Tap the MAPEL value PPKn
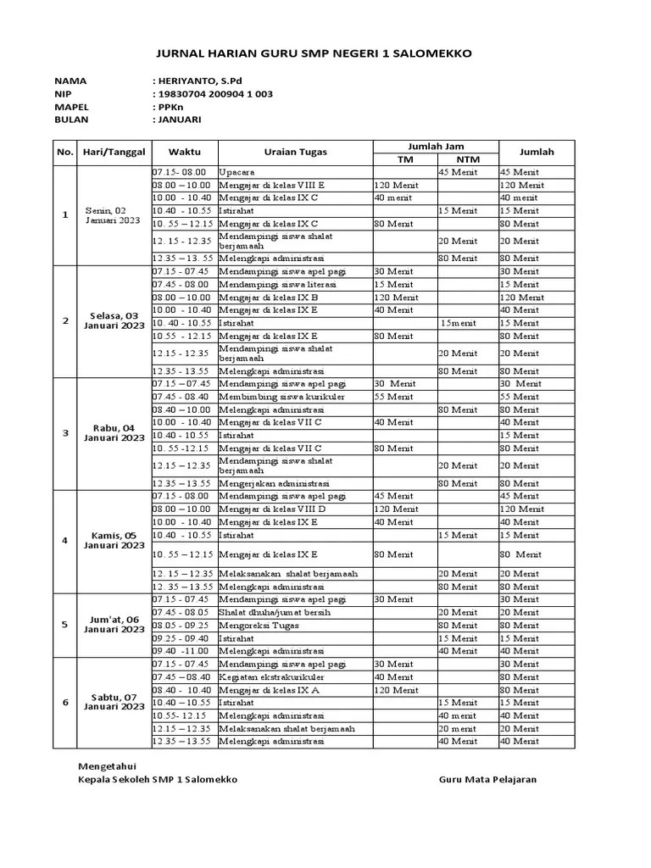165,107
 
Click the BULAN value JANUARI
179,120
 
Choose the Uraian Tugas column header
295,153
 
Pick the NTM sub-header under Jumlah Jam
467,159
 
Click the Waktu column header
185,153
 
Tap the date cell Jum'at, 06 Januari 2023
114,624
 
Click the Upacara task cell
236,172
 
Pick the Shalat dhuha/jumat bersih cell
275,612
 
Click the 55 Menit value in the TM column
393,397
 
